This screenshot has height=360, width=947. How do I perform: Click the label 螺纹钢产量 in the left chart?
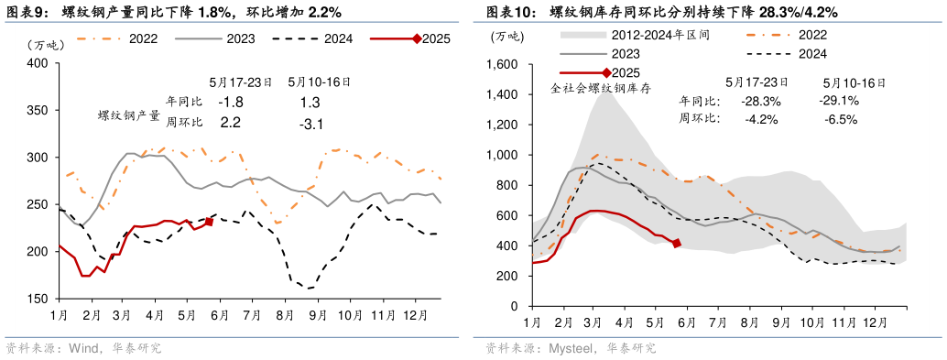point(129,116)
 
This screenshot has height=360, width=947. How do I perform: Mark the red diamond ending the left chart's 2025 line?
point(209,222)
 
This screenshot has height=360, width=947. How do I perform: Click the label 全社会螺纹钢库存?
point(599,89)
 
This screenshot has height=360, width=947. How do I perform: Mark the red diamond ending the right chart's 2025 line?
point(677,243)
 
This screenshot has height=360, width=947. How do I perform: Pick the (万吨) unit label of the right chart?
point(507,37)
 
